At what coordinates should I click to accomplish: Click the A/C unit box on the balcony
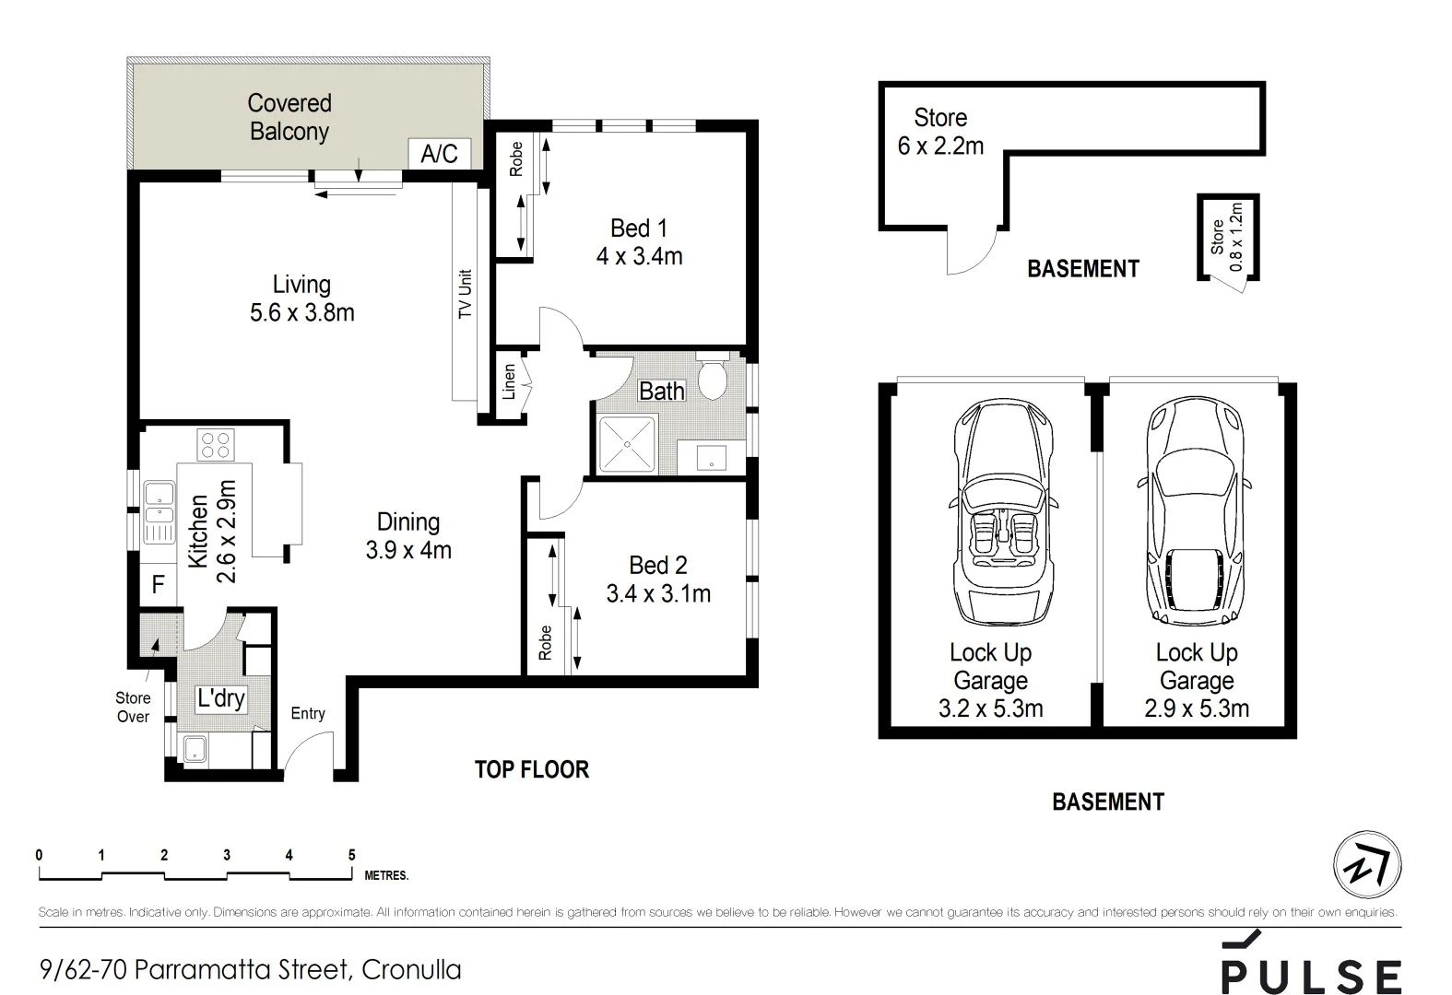click(439, 153)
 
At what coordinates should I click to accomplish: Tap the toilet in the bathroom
click(713, 379)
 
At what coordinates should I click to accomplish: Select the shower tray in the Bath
click(627, 445)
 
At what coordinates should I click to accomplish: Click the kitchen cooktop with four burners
click(216, 445)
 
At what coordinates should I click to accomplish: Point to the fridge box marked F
click(159, 584)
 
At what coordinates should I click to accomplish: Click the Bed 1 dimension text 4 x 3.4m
click(639, 256)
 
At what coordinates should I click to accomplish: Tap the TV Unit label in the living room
click(465, 295)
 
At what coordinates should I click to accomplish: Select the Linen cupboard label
click(509, 382)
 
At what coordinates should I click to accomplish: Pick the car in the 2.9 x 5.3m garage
click(1193, 511)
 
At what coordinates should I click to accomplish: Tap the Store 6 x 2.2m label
click(940, 132)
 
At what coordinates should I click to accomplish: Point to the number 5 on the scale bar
click(351, 855)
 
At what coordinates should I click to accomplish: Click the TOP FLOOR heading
click(531, 769)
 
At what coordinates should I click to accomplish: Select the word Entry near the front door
click(308, 713)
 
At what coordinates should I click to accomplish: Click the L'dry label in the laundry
click(221, 697)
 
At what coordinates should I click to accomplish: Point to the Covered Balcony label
click(289, 117)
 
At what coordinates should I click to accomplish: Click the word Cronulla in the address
click(411, 969)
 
